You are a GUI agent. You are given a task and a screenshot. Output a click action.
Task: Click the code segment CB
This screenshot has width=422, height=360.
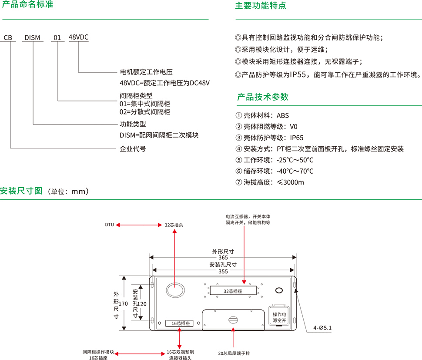click(8, 37)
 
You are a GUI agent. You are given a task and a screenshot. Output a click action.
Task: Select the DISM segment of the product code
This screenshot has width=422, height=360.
click(32, 37)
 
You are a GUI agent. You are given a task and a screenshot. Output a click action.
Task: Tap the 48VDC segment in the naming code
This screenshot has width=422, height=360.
click(78, 37)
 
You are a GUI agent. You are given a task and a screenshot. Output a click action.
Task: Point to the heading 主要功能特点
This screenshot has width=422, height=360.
click(261, 6)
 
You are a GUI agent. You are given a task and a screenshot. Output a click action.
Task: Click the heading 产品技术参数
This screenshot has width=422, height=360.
click(262, 97)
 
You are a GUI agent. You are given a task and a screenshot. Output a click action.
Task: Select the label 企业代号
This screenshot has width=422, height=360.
click(133, 149)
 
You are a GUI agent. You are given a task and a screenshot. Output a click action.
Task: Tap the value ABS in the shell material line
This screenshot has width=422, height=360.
click(282, 115)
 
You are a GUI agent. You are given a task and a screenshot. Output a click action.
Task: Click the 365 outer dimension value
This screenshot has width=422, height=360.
click(223, 258)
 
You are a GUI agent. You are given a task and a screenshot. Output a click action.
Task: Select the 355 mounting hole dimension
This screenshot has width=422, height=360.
click(223, 271)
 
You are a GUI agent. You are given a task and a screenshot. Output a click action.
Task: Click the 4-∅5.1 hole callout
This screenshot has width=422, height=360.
click(322, 327)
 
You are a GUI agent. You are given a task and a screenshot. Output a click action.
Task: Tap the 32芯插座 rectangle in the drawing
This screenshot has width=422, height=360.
click(233, 291)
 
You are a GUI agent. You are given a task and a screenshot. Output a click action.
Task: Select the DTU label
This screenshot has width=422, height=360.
click(109, 225)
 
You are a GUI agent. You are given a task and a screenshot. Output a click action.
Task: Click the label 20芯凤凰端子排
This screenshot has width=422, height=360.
click(234, 353)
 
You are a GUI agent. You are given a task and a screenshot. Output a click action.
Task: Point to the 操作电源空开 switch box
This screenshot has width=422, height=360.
click(279, 316)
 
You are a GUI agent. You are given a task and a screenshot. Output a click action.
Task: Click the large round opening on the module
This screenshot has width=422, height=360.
click(175, 289)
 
